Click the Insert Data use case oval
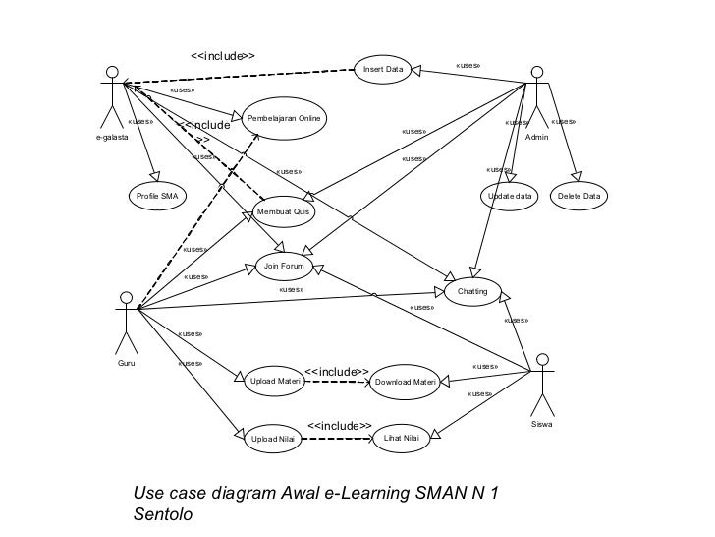pos(383,70)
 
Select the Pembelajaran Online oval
pos(285,118)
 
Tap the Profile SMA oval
pos(157,197)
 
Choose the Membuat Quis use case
pos(282,211)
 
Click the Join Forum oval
pos(286,266)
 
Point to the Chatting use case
pos(472,292)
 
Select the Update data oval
pos(511,197)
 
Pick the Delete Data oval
pos(578,197)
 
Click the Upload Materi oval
pos(275,381)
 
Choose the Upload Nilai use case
pos(273,439)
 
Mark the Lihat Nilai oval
pos(401,438)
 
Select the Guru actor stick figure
pos(125,320)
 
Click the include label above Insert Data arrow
pos(222,55)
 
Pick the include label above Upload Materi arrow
pos(337,371)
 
